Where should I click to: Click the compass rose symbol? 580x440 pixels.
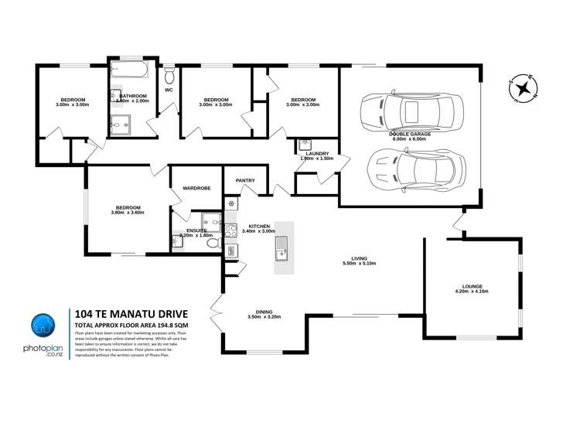coord(524,87)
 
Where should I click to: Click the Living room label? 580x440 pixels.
coord(358,259)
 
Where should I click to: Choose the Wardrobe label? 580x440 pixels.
coord(197,188)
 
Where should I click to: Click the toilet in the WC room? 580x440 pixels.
coord(170,76)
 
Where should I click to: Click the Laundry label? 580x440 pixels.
coord(317,154)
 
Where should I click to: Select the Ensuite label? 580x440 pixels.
coord(196,230)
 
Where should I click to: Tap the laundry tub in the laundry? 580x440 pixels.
coord(304,144)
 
